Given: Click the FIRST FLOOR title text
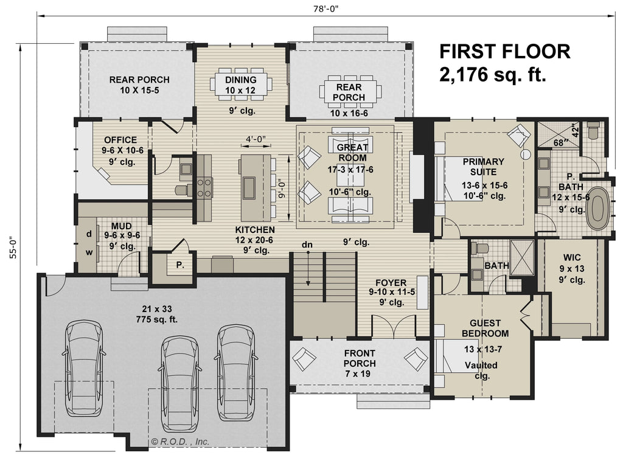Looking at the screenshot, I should click(504, 51).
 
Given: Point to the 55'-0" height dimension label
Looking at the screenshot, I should click(12, 247).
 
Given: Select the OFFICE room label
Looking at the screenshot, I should click(120, 141).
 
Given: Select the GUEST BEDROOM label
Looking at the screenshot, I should click(485, 328).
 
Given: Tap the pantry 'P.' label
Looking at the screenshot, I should click(180, 265).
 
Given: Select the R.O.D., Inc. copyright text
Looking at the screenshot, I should click(180, 442).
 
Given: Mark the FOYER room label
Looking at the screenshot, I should click(387, 282).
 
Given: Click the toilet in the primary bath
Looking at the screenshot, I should click(594, 130).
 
